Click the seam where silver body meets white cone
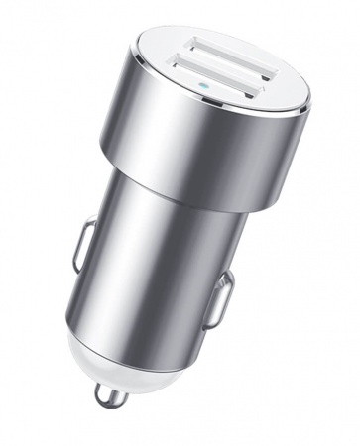pos(109,332)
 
